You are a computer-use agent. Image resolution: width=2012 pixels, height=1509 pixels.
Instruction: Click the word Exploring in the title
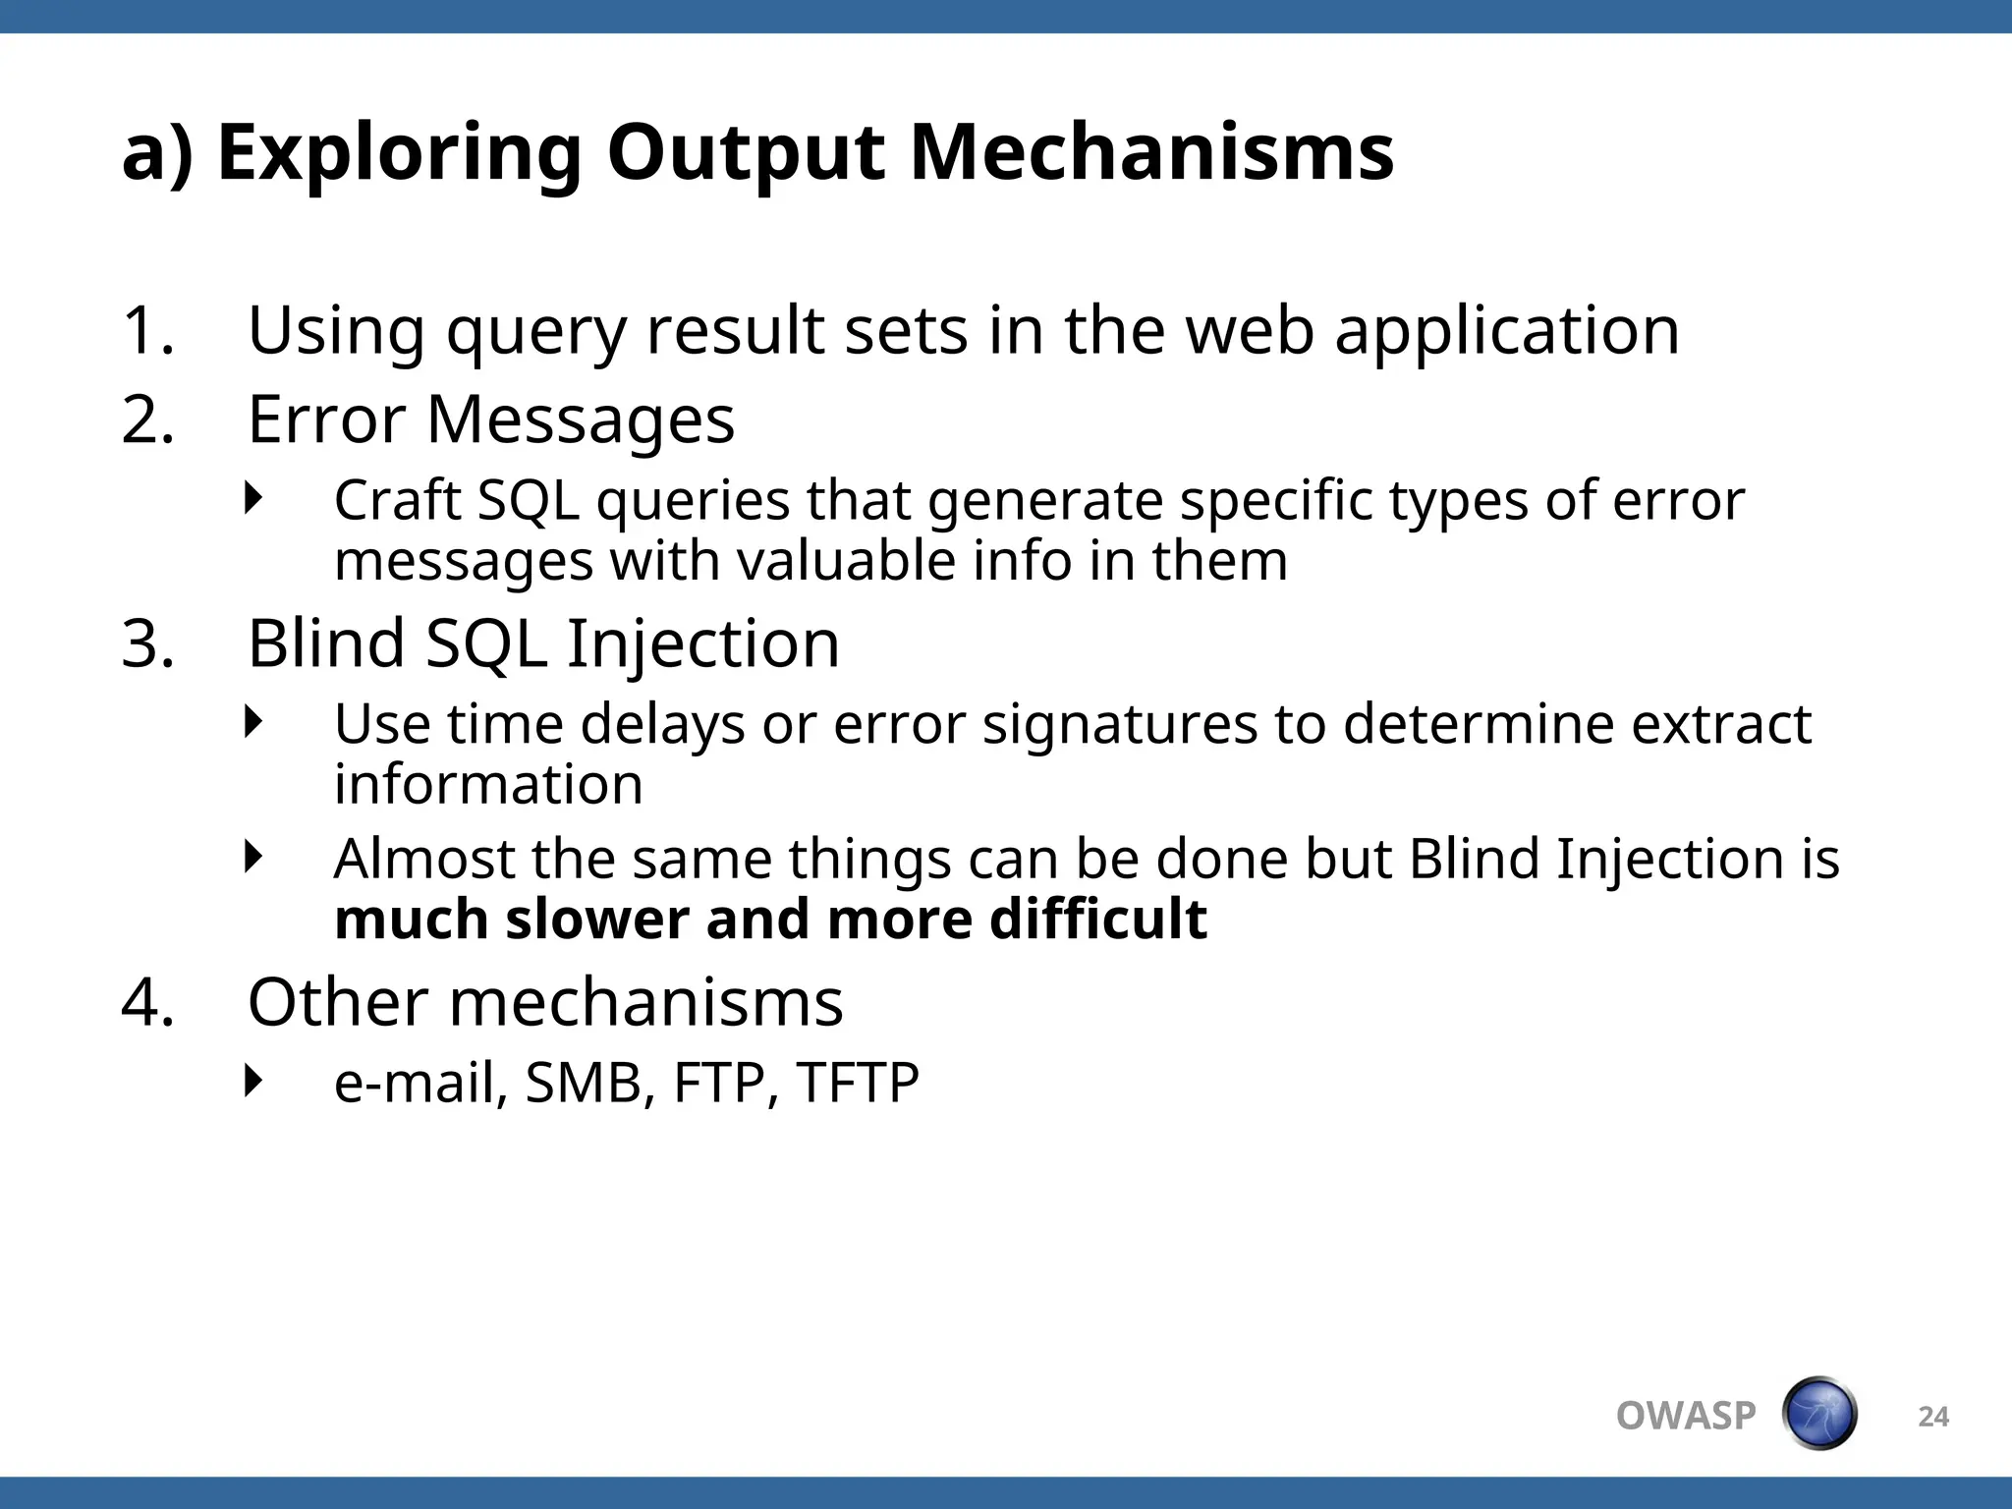[x=398, y=155]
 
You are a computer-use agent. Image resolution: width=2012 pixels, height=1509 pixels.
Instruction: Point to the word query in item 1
[x=535, y=334]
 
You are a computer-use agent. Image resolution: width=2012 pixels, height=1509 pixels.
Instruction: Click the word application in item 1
[x=1507, y=334]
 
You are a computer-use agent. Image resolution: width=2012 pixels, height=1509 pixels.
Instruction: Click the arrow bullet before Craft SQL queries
[x=254, y=498]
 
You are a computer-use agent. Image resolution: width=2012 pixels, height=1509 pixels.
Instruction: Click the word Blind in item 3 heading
[x=325, y=644]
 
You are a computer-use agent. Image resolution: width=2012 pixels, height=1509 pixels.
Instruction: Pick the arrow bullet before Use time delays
[x=254, y=722]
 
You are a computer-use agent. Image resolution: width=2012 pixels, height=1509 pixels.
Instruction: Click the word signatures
[x=1119, y=727]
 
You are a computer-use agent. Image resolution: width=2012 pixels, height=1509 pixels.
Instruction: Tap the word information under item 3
[x=488, y=785]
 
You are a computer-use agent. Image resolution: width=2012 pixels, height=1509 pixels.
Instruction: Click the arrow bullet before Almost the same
[x=254, y=857]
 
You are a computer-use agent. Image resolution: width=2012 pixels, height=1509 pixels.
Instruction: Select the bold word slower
[x=596, y=920]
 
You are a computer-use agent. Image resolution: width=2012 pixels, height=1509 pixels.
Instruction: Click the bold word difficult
[x=1097, y=920]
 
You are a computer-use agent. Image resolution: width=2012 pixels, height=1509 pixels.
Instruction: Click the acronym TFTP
[x=857, y=1084]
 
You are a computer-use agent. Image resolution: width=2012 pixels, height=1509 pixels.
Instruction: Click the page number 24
[x=1932, y=1417]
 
